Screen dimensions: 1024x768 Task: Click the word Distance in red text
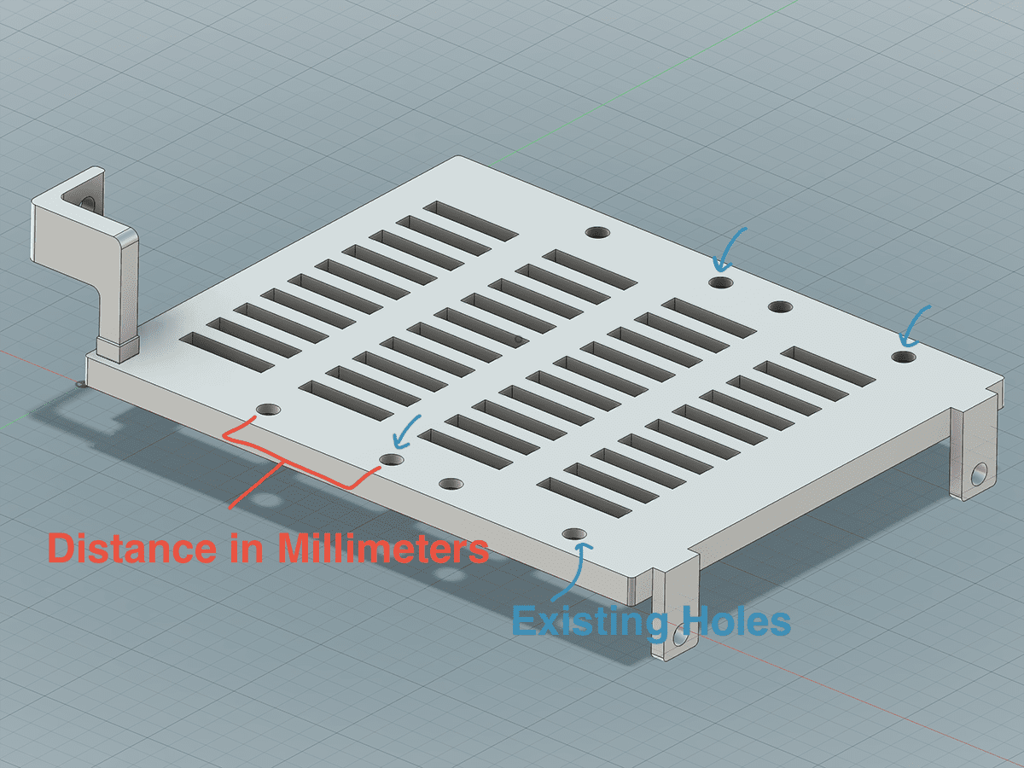click(132, 548)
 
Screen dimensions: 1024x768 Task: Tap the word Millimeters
click(383, 548)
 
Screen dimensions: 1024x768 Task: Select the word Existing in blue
click(590, 621)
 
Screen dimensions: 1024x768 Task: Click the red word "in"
click(247, 548)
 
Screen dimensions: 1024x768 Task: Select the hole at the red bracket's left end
click(269, 410)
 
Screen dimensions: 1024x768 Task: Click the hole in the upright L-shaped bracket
click(87, 202)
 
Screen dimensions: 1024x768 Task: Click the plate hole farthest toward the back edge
click(597, 232)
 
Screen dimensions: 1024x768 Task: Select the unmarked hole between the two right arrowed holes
click(781, 307)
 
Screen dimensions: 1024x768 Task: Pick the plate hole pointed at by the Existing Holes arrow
click(575, 533)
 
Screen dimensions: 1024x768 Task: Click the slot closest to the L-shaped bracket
click(227, 352)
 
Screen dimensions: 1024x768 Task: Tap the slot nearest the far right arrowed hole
click(829, 367)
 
